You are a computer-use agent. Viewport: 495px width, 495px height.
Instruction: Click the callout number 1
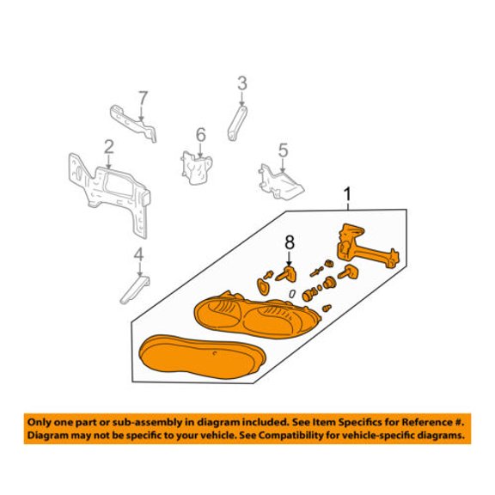tap(347, 194)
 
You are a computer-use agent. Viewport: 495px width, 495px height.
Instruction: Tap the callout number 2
tap(109, 147)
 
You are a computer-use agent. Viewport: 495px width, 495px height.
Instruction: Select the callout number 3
tap(242, 83)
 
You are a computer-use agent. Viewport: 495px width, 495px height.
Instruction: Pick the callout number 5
tap(283, 150)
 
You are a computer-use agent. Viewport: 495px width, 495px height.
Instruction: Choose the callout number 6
tap(201, 135)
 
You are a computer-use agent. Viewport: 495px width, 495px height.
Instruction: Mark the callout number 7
tap(143, 98)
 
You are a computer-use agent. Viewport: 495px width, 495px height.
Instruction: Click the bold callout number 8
tap(290, 242)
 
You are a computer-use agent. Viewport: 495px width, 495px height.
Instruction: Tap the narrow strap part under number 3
tap(237, 123)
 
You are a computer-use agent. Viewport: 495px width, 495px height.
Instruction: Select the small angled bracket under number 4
tap(136, 290)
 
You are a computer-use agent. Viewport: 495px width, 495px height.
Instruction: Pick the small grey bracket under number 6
tap(196, 168)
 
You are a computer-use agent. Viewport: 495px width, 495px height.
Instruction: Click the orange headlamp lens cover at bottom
tap(202, 357)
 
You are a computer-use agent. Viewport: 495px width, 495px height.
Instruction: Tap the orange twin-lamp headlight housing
tap(257, 315)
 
